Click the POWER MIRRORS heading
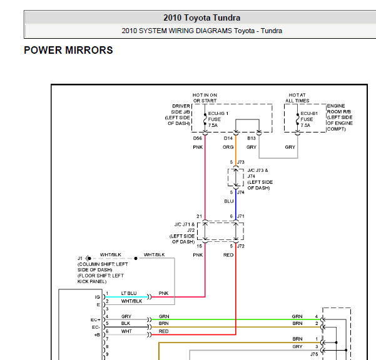point(68,50)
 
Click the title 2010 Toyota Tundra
point(201,17)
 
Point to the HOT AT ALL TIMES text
point(297,97)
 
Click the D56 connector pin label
point(197,137)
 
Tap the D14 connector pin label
point(228,137)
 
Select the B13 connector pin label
point(252,137)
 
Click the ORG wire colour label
point(228,147)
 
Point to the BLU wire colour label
point(228,202)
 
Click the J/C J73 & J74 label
point(260,179)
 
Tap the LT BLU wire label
point(129,293)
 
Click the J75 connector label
point(315,354)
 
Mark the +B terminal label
point(96,335)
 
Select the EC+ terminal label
point(95,319)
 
